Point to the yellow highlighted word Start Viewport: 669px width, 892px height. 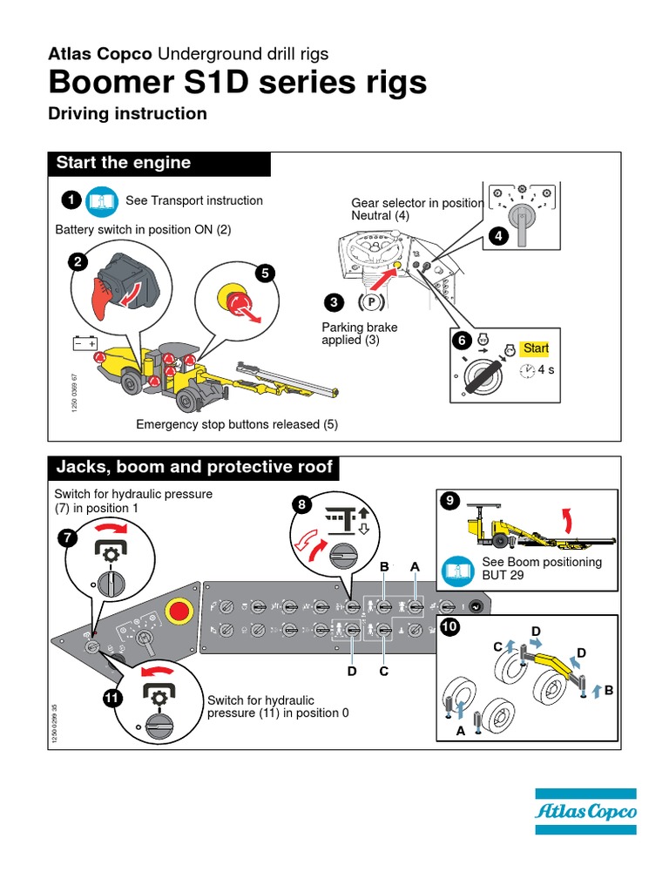[535, 348]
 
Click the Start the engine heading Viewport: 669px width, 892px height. [124, 163]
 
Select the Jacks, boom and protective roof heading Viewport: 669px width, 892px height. [194, 467]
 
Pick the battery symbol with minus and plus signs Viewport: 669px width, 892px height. [84, 344]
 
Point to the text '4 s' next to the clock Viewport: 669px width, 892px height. [546, 370]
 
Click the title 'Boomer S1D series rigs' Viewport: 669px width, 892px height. [238, 83]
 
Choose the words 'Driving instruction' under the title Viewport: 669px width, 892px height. [127, 114]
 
